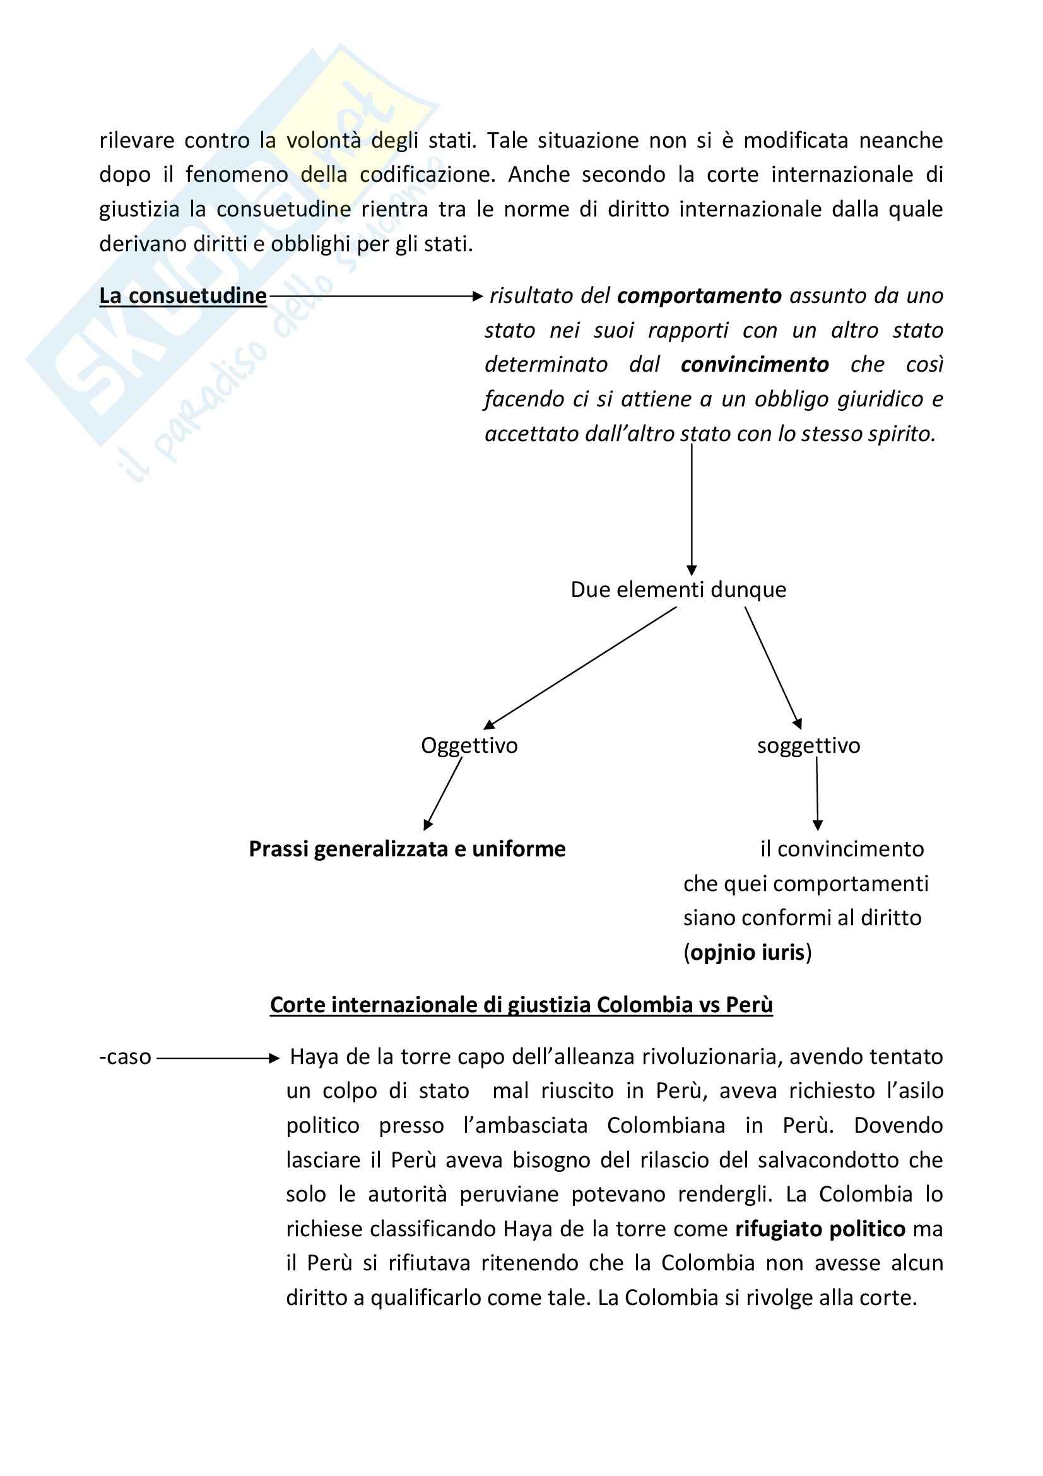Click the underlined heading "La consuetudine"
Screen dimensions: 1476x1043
[182, 296]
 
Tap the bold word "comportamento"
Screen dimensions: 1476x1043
[698, 296]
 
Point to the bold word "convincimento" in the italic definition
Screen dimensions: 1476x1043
[755, 365]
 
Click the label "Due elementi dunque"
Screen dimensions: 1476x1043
[678, 589]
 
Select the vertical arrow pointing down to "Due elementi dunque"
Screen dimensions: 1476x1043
[692, 508]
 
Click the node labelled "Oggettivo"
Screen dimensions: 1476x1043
[469, 746]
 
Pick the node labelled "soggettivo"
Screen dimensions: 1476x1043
[808, 746]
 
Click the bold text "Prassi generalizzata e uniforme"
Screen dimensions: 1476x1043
[407, 849]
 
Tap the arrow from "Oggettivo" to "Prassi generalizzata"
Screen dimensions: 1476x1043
[444, 794]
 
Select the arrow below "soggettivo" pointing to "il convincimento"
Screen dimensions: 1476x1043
[816, 793]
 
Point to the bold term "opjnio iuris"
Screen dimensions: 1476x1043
[747, 952]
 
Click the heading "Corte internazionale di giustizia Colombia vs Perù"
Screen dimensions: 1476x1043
[521, 1005]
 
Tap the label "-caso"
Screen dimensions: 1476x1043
[126, 1057]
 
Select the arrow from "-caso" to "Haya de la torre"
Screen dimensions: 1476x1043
[218, 1058]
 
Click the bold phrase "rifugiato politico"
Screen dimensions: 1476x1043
[820, 1229]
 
